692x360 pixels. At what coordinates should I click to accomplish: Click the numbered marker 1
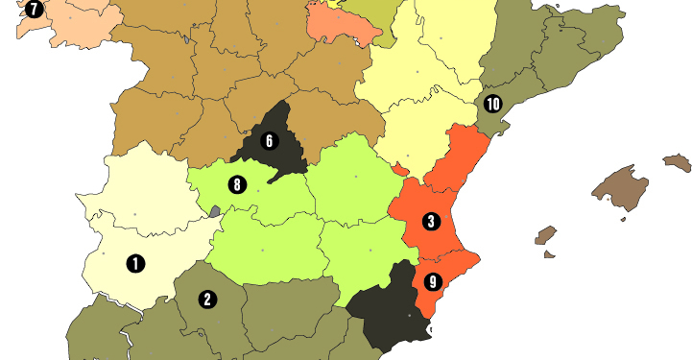click(135, 261)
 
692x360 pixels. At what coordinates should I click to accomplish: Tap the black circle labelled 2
click(206, 300)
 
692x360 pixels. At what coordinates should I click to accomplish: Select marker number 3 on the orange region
click(431, 222)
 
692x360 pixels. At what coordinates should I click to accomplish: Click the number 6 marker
click(269, 141)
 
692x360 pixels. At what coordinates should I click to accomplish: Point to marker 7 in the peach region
click(35, 10)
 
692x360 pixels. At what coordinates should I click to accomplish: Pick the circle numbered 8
click(237, 184)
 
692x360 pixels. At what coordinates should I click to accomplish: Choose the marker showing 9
click(432, 282)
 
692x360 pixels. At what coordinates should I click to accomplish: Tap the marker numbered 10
click(492, 103)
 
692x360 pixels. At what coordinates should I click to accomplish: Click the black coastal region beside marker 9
click(384, 307)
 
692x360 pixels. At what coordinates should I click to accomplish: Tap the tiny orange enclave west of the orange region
click(397, 170)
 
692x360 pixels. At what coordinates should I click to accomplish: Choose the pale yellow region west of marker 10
click(422, 86)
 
